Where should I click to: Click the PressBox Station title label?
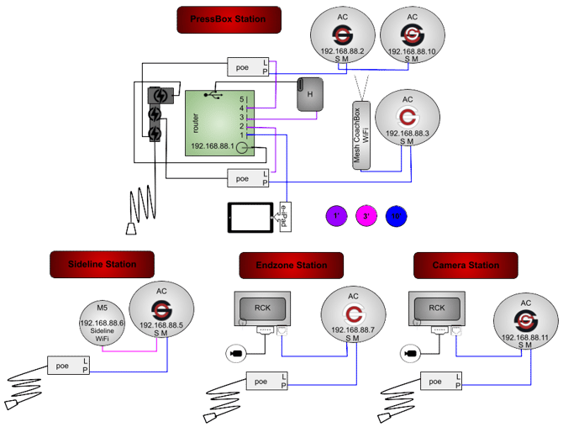[229, 19]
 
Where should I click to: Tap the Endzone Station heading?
[291, 266]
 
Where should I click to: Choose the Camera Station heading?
[466, 265]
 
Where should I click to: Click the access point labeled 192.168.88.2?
[343, 37]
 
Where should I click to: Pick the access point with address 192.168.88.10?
[412, 37]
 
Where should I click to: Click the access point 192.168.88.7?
[353, 319]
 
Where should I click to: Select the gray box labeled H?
[310, 94]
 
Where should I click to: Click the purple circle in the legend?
[336, 216]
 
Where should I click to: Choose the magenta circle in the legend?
[367, 216]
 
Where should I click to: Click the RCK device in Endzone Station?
[261, 310]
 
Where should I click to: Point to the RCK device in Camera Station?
[437, 310]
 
